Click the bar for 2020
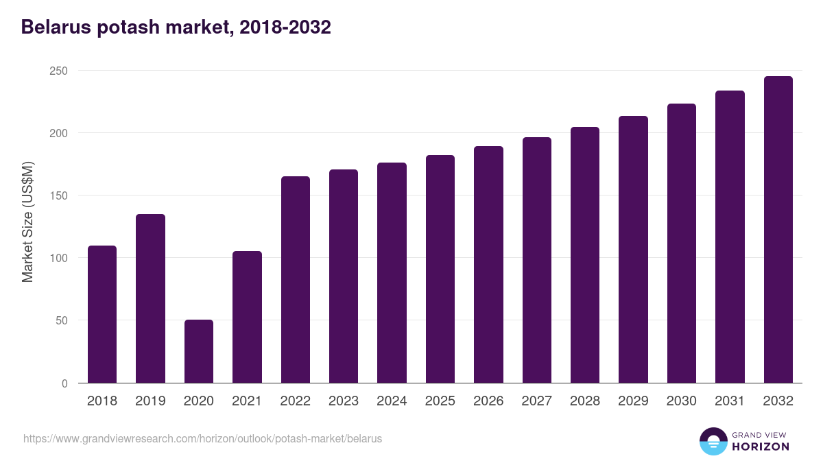pyautogui.click(x=198, y=351)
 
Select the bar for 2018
pyautogui.click(x=102, y=314)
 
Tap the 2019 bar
pyautogui.click(x=150, y=298)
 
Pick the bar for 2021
pyautogui.click(x=247, y=317)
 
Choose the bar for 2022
pyautogui.click(x=295, y=280)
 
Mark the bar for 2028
pyautogui.click(x=584, y=255)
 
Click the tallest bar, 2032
pyautogui.click(x=778, y=230)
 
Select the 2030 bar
pyautogui.click(x=681, y=244)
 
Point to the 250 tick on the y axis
pyautogui.click(x=58, y=71)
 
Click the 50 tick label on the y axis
pyautogui.click(x=61, y=320)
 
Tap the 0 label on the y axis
pyautogui.click(x=64, y=383)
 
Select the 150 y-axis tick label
pyautogui.click(x=58, y=195)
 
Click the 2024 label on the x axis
pyautogui.click(x=392, y=401)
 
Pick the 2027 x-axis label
pyautogui.click(x=536, y=401)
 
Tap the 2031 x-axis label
pyautogui.click(x=730, y=401)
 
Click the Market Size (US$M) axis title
pyautogui.click(x=27, y=222)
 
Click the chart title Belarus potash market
pyautogui.click(x=176, y=27)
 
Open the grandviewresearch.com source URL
pyautogui.click(x=202, y=438)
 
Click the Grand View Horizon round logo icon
pyautogui.click(x=713, y=441)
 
